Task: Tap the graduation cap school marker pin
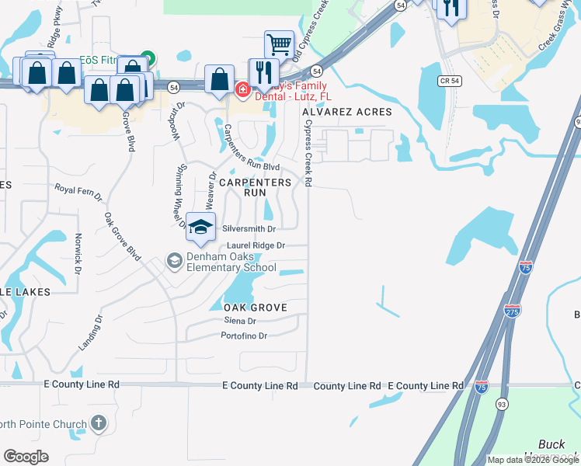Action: [200, 228]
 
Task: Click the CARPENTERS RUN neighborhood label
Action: [255, 187]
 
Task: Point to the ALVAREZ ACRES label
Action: [348, 112]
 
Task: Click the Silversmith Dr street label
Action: [249, 229]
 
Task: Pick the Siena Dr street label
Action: [239, 321]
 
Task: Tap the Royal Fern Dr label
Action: [78, 192]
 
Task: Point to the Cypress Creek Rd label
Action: [308, 152]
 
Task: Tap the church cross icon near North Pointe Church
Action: [98, 423]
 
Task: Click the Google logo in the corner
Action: [26, 457]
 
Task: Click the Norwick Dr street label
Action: [78, 254]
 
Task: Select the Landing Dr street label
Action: [90, 333]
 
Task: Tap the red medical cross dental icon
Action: [242, 90]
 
